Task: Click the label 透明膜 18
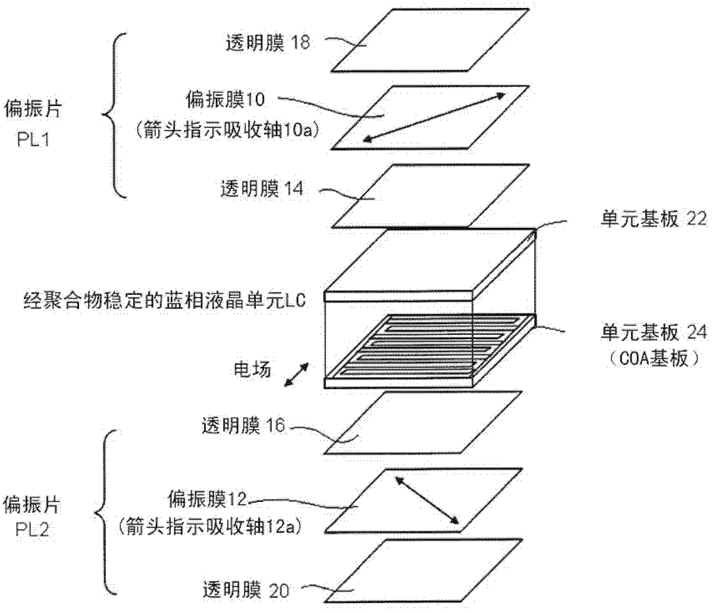pos(267,43)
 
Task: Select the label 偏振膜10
pos(225,100)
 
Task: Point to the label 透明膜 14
pos(262,188)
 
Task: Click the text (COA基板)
pos(653,358)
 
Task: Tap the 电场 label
pos(252,369)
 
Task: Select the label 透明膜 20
pos(246,590)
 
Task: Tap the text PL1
pos(32,139)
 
